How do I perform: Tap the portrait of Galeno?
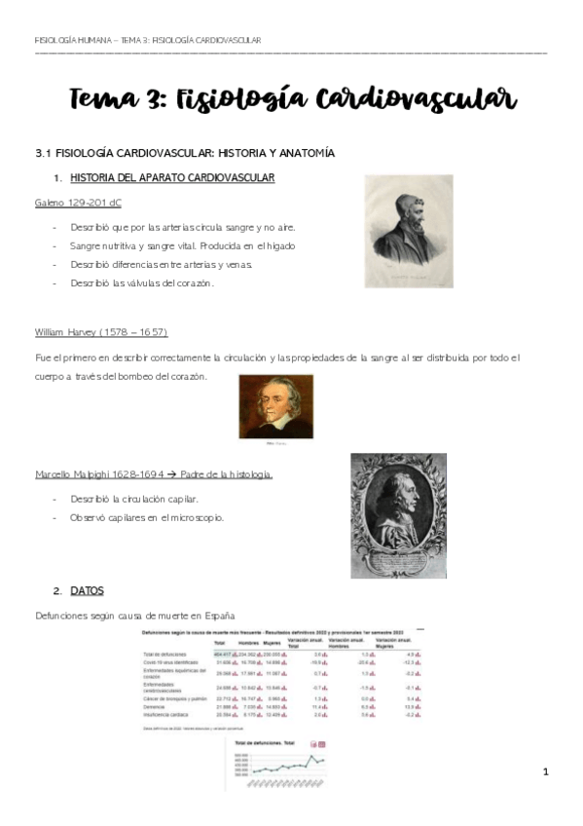409,230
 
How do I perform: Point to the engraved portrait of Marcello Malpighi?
398,515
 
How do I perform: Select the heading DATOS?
87,590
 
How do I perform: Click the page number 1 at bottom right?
547,772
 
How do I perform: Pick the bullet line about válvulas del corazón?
141,282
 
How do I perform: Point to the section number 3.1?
42,153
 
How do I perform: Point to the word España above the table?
217,616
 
